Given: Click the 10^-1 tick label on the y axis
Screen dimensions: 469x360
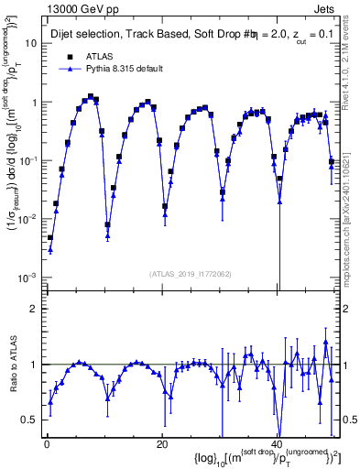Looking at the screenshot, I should tap(27, 160).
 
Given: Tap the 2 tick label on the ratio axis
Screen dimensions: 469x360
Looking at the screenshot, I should tap(33, 309).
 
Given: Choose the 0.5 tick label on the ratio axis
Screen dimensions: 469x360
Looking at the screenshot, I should tap(29, 420).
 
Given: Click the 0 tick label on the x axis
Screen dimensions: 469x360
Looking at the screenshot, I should tap(46, 444).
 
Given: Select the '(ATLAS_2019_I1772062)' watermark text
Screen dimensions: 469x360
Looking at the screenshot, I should tap(191, 275).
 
